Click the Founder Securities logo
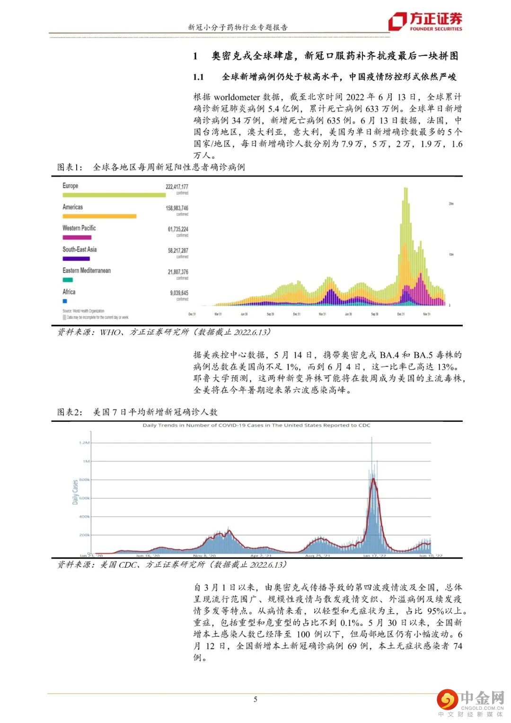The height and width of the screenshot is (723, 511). (x=425, y=21)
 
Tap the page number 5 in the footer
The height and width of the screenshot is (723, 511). (x=255, y=699)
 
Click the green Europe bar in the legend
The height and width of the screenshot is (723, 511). (x=114, y=195)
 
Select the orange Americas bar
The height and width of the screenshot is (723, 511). (x=99, y=216)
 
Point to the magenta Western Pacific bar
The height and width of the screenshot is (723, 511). (x=77, y=237)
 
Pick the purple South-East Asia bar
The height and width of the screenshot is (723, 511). (x=76, y=259)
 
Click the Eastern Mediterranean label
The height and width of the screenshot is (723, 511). (x=87, y=270)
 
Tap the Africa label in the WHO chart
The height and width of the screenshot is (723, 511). (x=69, y=292)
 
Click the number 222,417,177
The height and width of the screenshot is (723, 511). (x=177, y=187)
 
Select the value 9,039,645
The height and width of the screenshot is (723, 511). (x=179, y=293)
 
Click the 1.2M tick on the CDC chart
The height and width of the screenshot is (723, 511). (x=84, y=443)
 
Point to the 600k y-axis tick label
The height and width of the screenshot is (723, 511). (x=84, y=498)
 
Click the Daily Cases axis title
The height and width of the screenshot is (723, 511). (x=75, y=492)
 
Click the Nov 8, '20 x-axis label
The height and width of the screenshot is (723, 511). (x=204, y=555)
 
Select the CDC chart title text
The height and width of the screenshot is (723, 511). (x=256, y=425)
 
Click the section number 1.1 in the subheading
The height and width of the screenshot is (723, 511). (x=198, y=77)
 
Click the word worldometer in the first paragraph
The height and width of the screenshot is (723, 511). (x=237, y=97)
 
